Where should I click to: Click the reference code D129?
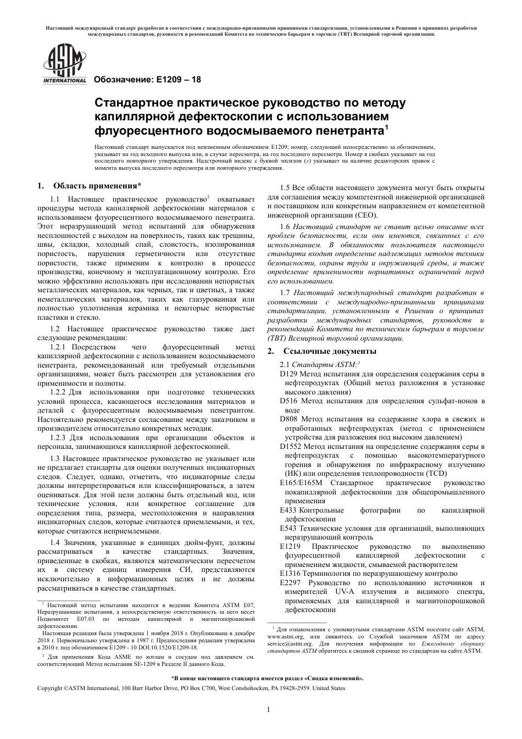pyautogui.click(x=288, y=374)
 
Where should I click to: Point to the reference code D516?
pyautogui.click(x=288, y=401)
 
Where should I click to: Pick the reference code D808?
pyautogui.click(x=288, y=419)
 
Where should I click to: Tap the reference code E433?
pyautogui.click(x=288, y=510)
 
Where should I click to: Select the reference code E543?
pyautogui.click(x=288, y=528)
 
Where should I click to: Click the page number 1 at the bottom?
pyautogui.click(x=268, y=709)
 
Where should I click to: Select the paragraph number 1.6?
pyautogui.click(x=285, y=226)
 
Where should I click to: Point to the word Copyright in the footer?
pyautogui.click(x=50, y=688)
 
